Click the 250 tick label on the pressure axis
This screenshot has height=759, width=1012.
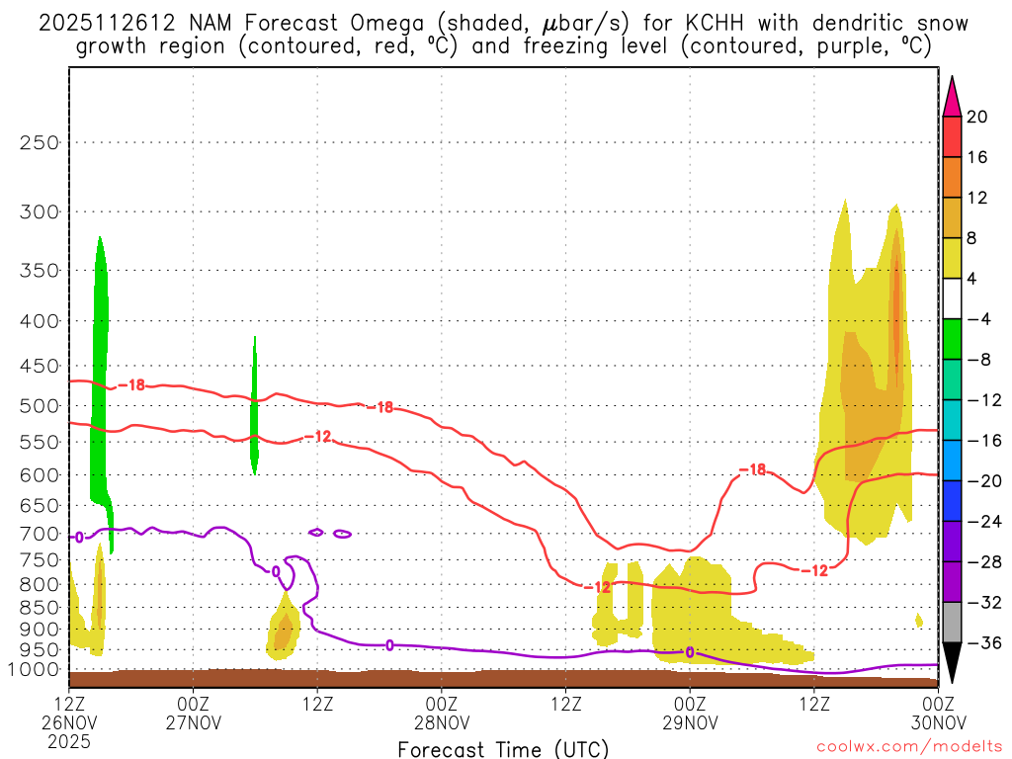click(40, 142)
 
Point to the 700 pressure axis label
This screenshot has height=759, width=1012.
click(40, 534)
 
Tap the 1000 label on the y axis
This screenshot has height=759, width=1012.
click(35, 669)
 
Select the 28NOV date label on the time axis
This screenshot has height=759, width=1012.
click(441, 720)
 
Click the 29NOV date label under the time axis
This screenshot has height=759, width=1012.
click(690, 720)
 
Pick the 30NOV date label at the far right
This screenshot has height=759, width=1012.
click(937, 720)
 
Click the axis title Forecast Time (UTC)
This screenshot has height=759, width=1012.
click(503, 748)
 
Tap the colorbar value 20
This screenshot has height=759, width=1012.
click(976, 118)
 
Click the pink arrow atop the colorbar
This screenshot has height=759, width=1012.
click(952, 96)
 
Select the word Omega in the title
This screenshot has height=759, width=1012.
click(339, 23)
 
